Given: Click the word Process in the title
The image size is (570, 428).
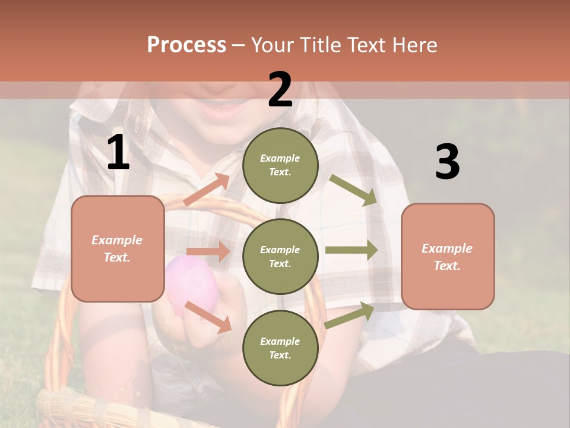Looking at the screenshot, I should pyautogui.click(x=186, y=45).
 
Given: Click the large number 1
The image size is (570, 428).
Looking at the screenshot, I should pyautogui.click(x=118, y=153).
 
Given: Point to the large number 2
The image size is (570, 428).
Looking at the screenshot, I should pyautogui.click(x=280, y=90).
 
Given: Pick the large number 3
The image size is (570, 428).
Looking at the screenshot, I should pyautogui.click(x=447, y=162).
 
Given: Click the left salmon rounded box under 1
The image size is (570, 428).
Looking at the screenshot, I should pyautogui.click(x=118, y=248).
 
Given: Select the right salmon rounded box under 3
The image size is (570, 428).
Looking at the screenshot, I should pyautogui.click(x=448, y=257).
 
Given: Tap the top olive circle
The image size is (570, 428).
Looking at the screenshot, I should pyautogui.click(x=280, y=165).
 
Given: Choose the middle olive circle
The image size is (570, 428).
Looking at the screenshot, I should pyautogui.click(x=280, y=256).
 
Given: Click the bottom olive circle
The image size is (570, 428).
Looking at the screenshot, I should pyautogui.click(x=280, y=348).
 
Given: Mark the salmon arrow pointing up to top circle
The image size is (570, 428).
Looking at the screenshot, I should pyautogui.click(x=207, y=189).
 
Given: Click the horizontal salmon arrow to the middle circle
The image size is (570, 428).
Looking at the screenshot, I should pyautogui.click(x=208, y=251).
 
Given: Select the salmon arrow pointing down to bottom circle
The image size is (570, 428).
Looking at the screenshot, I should pyautogui.click(x=208, y=316).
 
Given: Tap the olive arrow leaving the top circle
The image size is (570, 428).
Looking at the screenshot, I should pyautogui.click(x=354, y=190).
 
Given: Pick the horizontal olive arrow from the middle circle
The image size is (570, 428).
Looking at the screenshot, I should pyautogui.click(x=351, y=250).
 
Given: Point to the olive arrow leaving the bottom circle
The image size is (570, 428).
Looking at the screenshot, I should pyautogui.click(x=350, y=315).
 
